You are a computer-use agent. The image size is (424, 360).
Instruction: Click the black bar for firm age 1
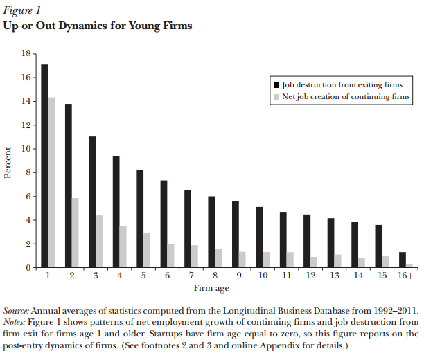pos(44,166)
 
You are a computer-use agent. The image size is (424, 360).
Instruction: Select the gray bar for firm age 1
pos(51,183)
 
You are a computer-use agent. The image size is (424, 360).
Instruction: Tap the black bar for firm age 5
pos(140,219)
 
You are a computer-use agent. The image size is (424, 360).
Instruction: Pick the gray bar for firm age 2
pos(76,233)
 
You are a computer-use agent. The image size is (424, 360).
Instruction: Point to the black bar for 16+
pos(403,260)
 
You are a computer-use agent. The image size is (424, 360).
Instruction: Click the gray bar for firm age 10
pos(266,260)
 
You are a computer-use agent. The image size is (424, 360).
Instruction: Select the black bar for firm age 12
pos(307,241)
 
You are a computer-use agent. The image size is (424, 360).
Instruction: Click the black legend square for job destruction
pos(276,85)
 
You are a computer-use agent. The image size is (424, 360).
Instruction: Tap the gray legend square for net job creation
pos(276,97)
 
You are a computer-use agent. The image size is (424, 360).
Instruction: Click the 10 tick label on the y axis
pos(26,149)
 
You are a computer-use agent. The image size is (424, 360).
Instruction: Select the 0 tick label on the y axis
pos(28,268)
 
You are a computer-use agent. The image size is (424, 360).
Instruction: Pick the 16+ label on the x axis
pos(405,276)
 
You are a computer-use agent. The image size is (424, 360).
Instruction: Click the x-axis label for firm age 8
pos(215,276)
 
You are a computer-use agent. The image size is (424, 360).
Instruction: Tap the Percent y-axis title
pos(8,163)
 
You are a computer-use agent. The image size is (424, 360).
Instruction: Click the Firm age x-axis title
pos(211,288)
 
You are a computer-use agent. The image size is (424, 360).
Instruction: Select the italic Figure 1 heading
pos(22,10)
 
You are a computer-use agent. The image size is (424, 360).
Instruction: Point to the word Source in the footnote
pos(16,311)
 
